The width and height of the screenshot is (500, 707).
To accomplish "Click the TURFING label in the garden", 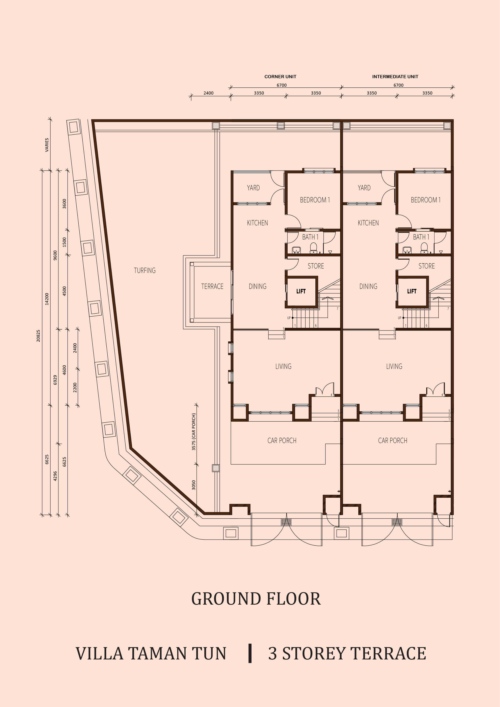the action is click(145, 270).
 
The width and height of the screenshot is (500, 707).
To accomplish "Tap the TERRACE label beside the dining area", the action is click(212, 286).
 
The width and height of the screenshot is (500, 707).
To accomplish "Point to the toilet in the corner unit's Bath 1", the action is click(313, 247).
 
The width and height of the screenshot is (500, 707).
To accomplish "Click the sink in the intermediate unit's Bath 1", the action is click(407, 250).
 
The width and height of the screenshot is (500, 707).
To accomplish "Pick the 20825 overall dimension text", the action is click(38, 336).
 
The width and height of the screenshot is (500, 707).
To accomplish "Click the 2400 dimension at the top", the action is click(208, 93).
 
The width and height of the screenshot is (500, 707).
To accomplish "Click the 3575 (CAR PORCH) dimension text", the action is click(194, 431).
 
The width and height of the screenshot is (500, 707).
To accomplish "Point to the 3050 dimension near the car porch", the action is click(194, 485).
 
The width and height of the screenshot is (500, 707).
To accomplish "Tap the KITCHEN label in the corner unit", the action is click(257, 223).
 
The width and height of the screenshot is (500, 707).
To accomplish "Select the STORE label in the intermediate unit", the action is click(426, 266).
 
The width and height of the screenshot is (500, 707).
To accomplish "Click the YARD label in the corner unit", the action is click(253, 187).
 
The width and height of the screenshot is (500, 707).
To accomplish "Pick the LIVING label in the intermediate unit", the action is click(394, 366).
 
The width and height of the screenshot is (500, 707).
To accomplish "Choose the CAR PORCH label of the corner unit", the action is click(282, 440).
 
